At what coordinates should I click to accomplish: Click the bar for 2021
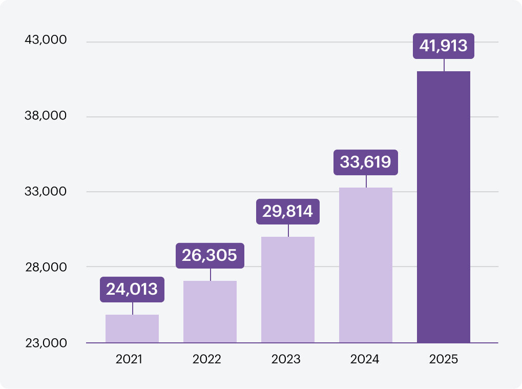pos(132,329)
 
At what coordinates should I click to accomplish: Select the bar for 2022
pos(210,312)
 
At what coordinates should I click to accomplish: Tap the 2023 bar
pos(288,290)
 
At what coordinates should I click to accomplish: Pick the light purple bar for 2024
pos(366,265)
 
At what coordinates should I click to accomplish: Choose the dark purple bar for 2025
pos(444,207)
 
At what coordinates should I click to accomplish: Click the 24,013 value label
pos(132,290)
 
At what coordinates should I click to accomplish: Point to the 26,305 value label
pos(210,255)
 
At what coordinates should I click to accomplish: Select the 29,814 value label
pos(288,212)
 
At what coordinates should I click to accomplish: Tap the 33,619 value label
pos(366,162)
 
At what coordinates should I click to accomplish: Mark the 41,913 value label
pos(444,46)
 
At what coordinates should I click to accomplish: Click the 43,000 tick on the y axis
pos(46,39)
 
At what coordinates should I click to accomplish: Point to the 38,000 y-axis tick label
pos(46,115)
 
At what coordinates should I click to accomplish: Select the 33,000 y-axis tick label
pos(46,192)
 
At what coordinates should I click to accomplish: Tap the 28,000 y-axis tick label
pos(46,267)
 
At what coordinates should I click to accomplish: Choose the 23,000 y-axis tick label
pos(46,343)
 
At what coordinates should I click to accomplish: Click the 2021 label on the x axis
pos(129,359)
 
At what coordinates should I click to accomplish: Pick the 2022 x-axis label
pos(207,359)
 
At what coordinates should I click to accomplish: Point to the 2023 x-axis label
pos(286,359)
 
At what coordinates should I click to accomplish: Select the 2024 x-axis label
pos(365,359)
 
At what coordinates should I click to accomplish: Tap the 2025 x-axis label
pos(444,359)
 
